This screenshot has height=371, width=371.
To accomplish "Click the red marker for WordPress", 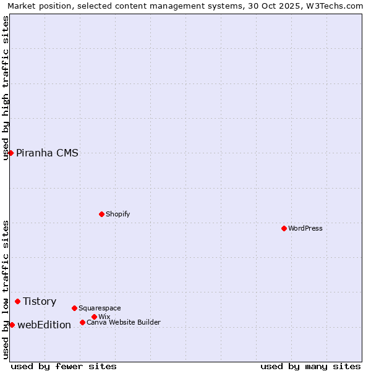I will tap(284, 228).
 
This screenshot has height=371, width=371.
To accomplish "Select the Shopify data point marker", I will tap(101, 214).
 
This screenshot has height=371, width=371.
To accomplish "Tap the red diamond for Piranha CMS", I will tap(11, 153).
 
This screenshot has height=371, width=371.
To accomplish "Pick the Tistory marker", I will tap(17, 301).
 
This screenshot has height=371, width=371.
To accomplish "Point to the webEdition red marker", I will tap(12, 325).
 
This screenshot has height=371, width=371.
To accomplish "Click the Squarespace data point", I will tap(74, 308).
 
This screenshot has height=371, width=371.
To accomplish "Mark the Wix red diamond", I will tap(94, 317).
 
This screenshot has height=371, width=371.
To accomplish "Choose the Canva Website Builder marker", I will tap(82, 322).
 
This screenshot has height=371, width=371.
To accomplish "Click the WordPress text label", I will tap(305, 228).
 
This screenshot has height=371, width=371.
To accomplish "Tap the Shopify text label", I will tap(117, 214).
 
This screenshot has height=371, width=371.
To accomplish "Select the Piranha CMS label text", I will tap(47, 153).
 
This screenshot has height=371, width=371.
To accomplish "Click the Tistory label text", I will tap(40, 302).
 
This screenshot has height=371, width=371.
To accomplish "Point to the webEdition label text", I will tap(44, 325).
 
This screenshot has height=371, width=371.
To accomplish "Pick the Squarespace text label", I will tap(100, 308).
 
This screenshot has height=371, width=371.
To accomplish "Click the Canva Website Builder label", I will tap(124, 322).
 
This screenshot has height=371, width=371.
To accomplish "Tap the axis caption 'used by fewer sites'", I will tap(64, 366).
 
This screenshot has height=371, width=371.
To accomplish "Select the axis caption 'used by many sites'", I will tap(310, 366).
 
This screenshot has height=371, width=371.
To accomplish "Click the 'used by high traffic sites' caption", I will tap(6, 88).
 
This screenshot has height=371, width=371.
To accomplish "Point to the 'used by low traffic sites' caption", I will tap(6, 289).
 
